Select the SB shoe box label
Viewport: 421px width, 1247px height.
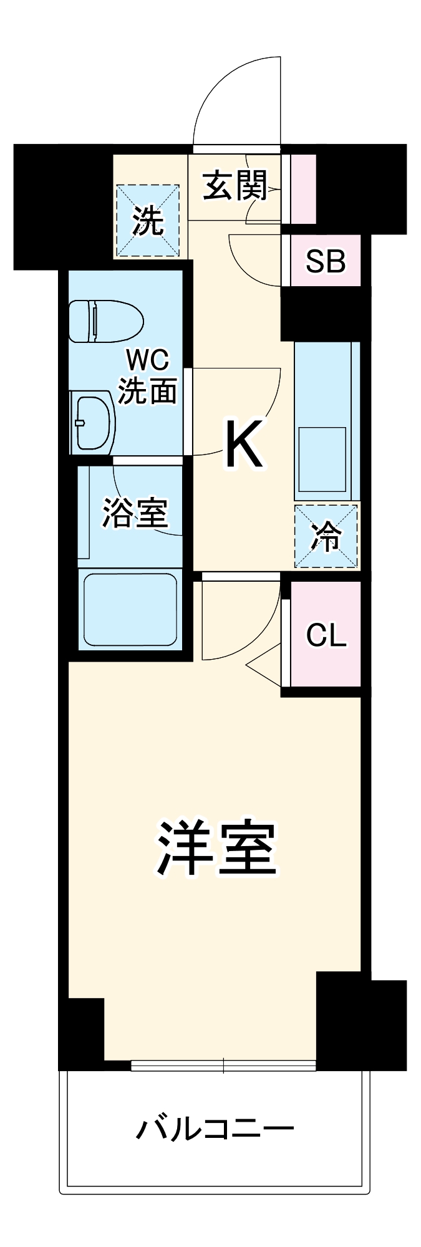pos(325,261)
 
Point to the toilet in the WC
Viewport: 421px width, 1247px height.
pos(105,321)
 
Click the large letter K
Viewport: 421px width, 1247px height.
pos(244,443)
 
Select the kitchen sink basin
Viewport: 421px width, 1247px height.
pos(322,459)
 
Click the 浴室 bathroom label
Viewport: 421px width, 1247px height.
pos(135,513)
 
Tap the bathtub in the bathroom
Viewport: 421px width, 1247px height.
pos(130,609)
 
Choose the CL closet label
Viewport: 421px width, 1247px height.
pos(326,635)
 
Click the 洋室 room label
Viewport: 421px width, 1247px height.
pos(216,847)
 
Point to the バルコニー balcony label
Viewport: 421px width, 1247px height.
pos(215,1129)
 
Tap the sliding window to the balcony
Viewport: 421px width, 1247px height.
pos(223,1066)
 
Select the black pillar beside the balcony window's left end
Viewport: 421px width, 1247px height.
pos(84,1029)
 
